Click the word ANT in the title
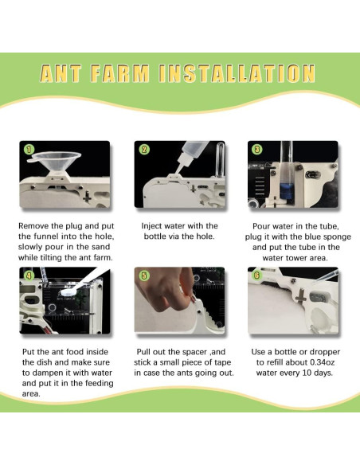coord(61,73)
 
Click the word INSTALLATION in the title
coord(237,73)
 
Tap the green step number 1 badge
coord(29,150)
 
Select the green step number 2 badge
coord(144,150)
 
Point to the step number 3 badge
coord(256,150)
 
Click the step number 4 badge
coord(29,275)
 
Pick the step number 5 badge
coord(144,275)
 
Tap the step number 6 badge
coord(256,275)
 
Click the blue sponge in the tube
coord(287,191)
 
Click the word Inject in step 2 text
coord(151,226)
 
